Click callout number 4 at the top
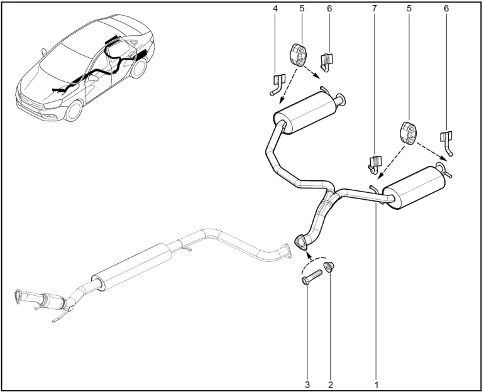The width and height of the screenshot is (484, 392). (275, 9)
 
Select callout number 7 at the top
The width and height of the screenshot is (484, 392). (375, 9)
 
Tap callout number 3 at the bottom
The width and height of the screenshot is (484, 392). (307, 384)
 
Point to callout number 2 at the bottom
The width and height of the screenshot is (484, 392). (331, 384)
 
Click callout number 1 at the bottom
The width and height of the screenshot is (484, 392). (377, 384)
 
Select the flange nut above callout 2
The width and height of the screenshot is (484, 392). (329, 266)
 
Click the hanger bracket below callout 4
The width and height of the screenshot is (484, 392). (277, 85)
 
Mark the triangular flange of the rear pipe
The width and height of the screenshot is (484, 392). (301, 242)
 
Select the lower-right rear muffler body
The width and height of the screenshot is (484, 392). (414, 187)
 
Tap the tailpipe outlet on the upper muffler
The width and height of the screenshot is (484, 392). (341, 99)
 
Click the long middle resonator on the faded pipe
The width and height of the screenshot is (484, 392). (131, 267)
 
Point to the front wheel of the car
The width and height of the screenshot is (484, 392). (74, 111)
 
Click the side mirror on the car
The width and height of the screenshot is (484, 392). (43, 52)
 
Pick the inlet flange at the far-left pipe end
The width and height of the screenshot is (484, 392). (18, 296)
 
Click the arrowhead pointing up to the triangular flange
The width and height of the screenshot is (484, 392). (308, 255)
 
